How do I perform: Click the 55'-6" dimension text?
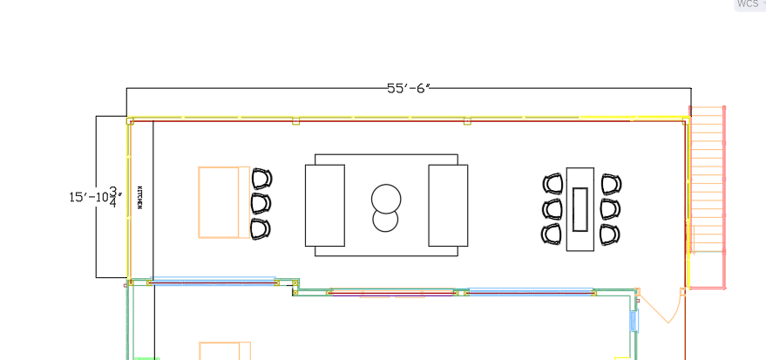click(x=409, y=88)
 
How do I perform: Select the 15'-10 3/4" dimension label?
click(x=95, y=197)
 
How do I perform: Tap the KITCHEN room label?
click(x=139, y=197)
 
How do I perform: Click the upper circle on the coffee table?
click(x=386, y=200)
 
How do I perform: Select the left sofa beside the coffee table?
click(x=325, y=205)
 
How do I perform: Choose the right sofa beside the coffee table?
click(x=448, y=205)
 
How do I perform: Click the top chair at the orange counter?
click(x=261, y=179)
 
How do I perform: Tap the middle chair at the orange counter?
click(x=261, y=203)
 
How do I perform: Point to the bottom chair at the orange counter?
click(x=261, y=228)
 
